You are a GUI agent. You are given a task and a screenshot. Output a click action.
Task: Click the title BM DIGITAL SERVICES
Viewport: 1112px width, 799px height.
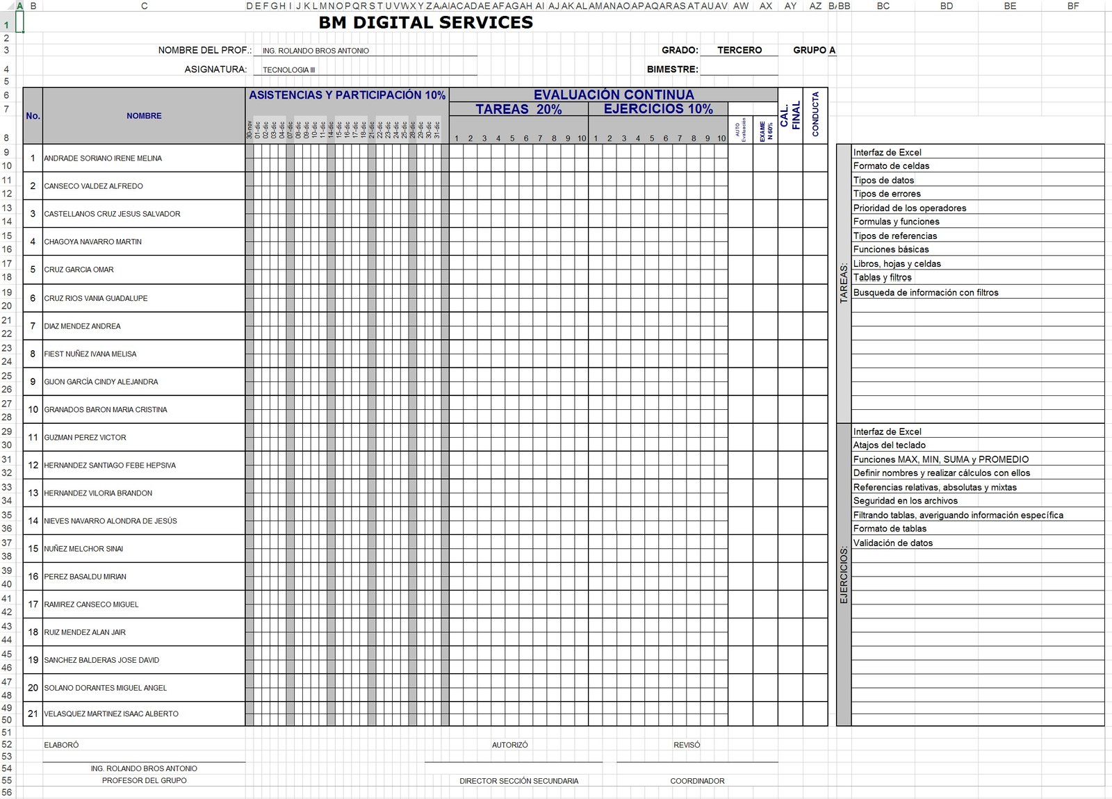tap(425, 23)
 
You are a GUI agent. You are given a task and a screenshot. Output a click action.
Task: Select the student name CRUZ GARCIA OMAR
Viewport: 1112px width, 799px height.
tap(79, 270)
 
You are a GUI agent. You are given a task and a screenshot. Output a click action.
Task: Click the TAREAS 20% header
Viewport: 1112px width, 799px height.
tap(518, 109)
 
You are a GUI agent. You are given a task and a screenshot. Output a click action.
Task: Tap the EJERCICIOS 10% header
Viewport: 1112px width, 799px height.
tap(658, 109)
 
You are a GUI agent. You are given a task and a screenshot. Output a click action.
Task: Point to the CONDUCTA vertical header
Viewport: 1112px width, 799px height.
tap(815, 115)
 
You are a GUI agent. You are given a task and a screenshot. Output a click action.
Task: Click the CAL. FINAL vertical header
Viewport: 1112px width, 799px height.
tap(790, 115)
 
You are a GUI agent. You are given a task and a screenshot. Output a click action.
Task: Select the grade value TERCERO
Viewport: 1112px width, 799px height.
tap(739, 50)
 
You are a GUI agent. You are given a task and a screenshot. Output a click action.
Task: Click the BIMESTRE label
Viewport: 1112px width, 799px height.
tap(672, 69)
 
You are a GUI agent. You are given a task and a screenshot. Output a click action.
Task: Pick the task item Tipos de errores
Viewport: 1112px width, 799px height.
tap(887, 194)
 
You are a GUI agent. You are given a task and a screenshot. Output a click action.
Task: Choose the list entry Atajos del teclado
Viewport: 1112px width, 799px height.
tap(889, 445)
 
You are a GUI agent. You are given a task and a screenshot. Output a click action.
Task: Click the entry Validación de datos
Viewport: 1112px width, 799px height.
tap(893, 543)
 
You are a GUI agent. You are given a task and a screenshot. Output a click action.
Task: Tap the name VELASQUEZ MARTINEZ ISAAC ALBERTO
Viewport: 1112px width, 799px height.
tap(111, 714)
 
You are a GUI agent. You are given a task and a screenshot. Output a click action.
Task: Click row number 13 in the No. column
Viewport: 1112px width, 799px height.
tap(33, 493)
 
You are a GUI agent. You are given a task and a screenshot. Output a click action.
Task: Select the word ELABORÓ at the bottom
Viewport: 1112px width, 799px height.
tap(61, 745)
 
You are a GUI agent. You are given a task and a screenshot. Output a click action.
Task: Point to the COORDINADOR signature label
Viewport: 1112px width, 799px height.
tap(697, 781)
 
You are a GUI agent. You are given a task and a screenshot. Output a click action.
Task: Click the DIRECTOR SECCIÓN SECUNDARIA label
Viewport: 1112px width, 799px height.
tap(518, 781)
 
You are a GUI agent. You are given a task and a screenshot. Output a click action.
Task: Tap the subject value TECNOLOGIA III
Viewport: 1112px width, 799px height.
tap(288, 70)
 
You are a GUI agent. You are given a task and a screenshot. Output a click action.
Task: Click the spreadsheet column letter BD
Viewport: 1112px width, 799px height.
tap(947, 6)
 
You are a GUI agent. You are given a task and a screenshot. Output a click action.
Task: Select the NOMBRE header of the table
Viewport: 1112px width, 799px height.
tap(144, 116)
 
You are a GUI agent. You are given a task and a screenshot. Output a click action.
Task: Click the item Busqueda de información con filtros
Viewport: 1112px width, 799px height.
tap(926, 293)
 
